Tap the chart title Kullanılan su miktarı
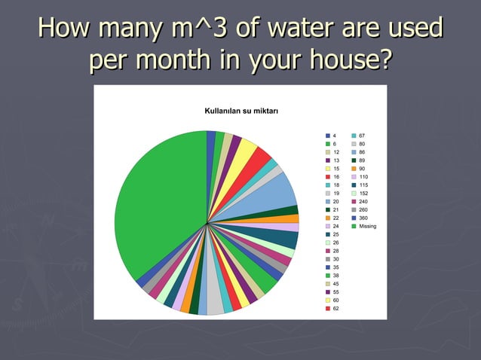241,112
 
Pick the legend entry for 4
332,136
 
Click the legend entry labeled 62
332,308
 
